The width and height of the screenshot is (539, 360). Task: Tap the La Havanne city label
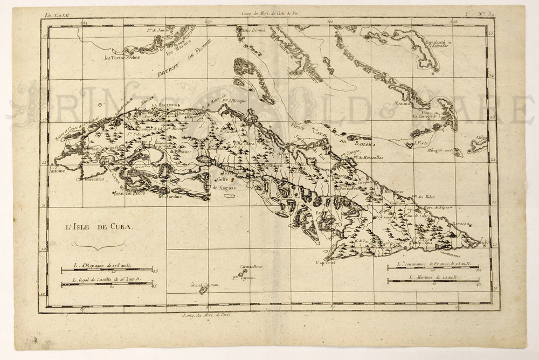pos(161,106)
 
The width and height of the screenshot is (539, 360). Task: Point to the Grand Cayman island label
pos(204,285)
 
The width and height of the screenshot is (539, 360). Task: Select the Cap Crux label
pos(326,262)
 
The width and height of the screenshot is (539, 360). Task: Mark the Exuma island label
pos(402,103)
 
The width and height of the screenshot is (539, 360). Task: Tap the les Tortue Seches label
pos(122,57)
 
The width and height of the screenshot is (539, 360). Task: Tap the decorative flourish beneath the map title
pos(99,246)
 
